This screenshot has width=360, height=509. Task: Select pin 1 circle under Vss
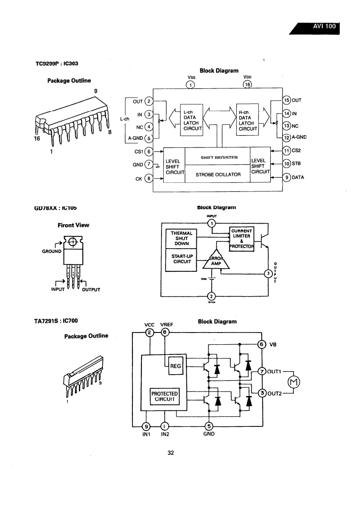[x=191, y=84]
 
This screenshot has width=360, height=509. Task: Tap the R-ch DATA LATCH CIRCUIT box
[x=248, y=119]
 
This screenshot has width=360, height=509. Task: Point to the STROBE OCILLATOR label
[x=218, y=174]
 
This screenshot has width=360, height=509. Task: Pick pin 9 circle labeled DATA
[x=286, y=177]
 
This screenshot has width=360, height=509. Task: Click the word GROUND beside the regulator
[x=52, y=251]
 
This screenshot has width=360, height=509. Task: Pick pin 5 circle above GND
[x=209, y=426]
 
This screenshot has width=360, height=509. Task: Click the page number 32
[x=171, y=452]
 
